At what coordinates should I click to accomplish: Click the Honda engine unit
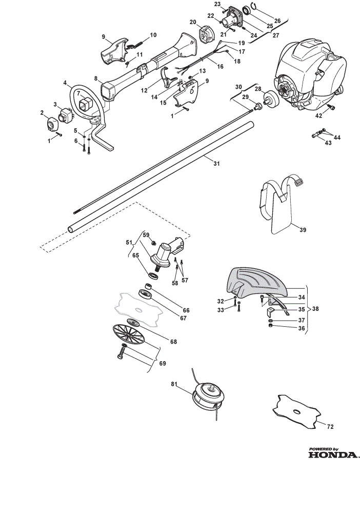[x=310, y=75]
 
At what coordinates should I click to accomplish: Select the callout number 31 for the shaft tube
[x=216, y=163]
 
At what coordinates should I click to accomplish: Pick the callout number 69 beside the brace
[x=162, y=363]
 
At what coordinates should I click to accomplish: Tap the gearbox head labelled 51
[x=167, y=252]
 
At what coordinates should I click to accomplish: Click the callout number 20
[x=193, y=22]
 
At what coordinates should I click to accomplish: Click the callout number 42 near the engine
[x=318, y=115]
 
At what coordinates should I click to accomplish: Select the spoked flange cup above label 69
[x=129, y=334]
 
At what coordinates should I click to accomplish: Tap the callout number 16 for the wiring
[x=220, y=66]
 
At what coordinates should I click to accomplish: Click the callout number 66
[x=186, y=310]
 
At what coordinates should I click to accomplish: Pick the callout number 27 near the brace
[x=275, y=35]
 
